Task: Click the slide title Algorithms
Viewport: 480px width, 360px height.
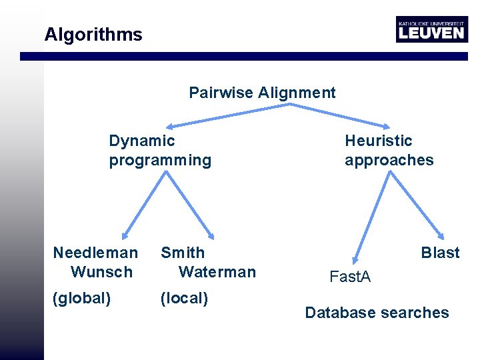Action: [93, 35]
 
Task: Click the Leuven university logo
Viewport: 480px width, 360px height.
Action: [431, 29]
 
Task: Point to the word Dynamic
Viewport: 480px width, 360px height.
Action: [142, 141]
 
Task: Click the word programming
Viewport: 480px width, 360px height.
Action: [160, 160]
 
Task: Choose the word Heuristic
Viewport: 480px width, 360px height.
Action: [379, 141]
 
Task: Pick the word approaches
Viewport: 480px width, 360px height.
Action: [389, 160]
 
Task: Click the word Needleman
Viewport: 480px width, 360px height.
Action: [95, 253]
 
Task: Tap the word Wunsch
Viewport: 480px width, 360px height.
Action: [101, 272]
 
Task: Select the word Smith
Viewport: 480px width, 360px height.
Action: [183, 253]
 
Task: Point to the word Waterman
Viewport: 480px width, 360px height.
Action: [217, 272]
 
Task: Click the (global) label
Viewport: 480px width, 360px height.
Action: [81, 298]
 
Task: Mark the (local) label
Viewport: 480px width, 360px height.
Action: [185, 298]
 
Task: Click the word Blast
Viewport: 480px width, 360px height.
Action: [440, 253]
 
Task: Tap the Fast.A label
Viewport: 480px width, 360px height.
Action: [350, 277]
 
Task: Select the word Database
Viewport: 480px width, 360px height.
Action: [339, 313]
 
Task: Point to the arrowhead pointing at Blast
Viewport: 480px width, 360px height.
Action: [441, 235]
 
